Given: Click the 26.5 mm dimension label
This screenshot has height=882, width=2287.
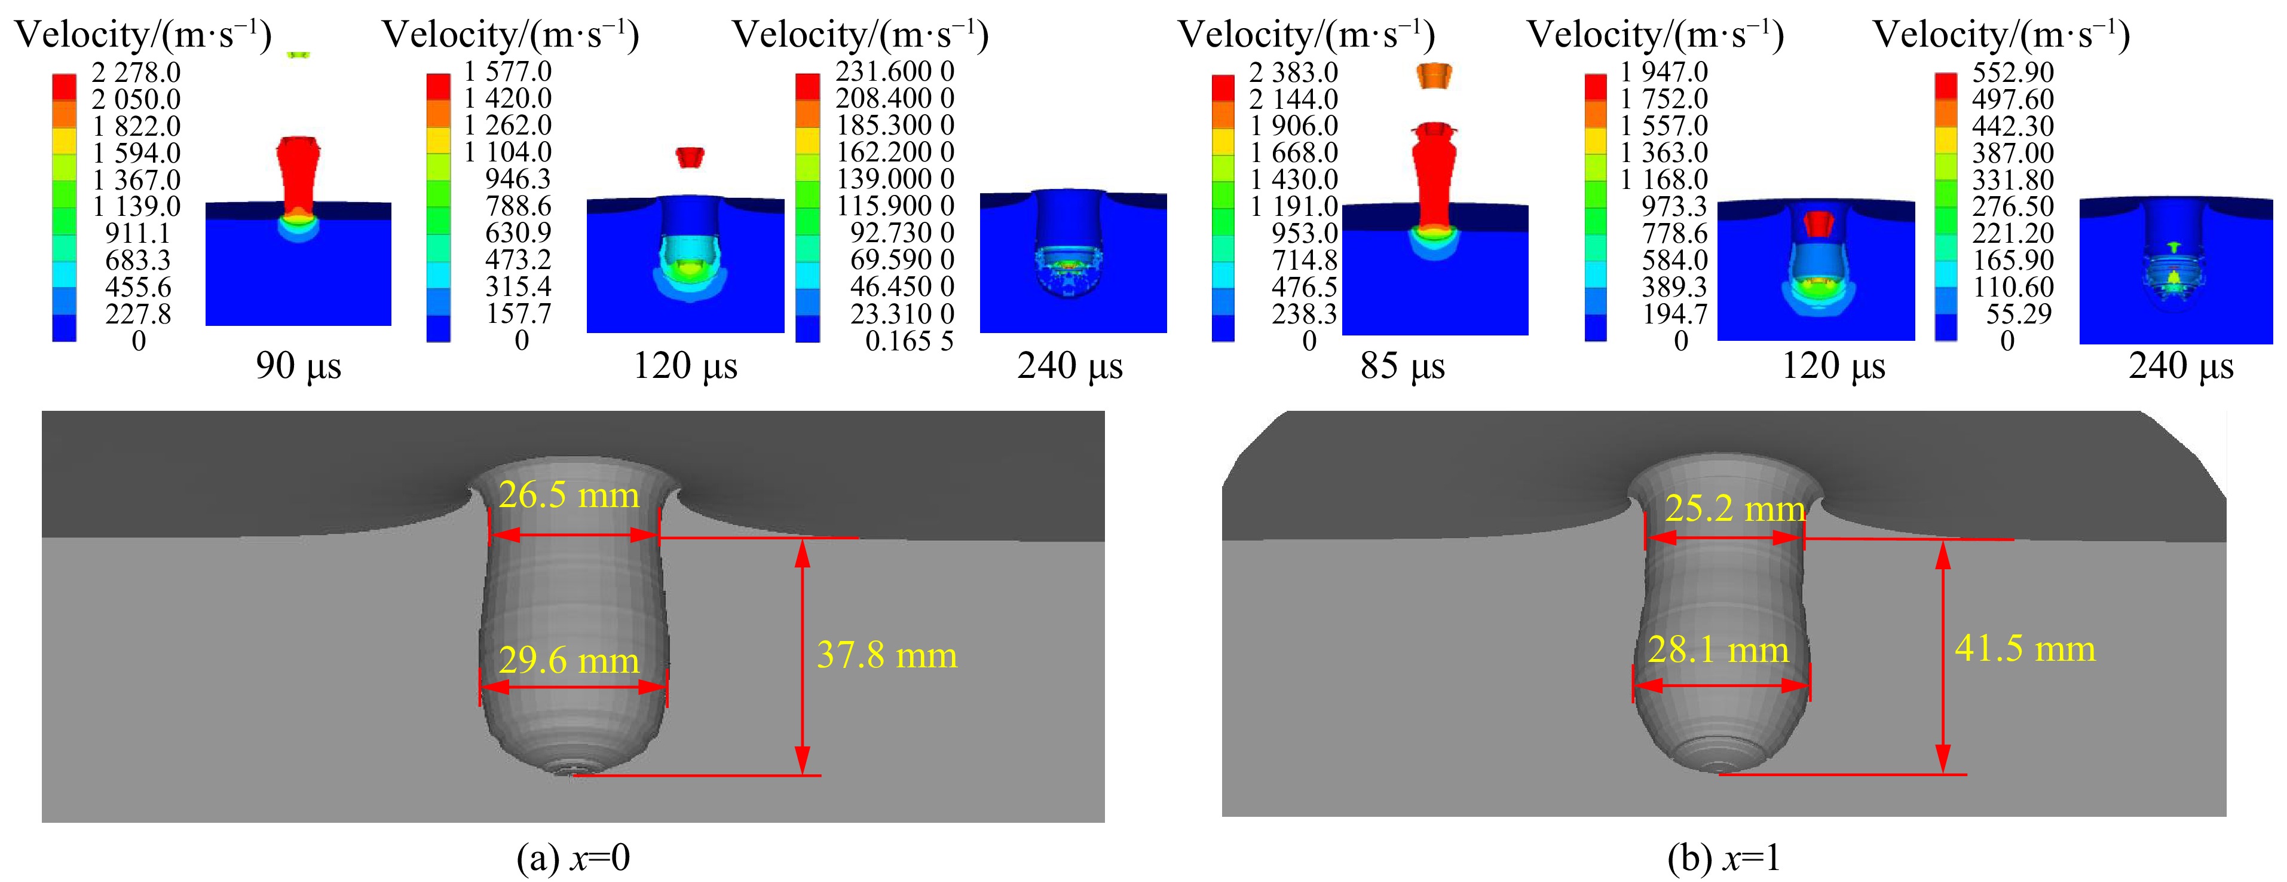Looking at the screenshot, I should click(568, 495).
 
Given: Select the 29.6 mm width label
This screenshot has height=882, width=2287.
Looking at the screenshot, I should click(568, 660).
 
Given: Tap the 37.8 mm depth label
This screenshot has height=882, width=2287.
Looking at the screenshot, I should click(886, 655).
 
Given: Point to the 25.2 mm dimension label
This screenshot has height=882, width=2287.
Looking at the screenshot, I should click(1734, 508).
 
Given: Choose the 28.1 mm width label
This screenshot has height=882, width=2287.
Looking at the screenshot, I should click(1718, 649).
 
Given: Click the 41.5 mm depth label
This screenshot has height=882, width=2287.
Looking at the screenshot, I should click(2024, 648).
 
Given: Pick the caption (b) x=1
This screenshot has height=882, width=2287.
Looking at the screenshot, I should click(1723, 857).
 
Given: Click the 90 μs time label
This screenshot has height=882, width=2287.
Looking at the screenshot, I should click(298, 365).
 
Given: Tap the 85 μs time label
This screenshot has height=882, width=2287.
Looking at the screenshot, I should click(1402, 365).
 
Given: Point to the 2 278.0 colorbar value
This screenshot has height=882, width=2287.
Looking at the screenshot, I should click(136, 72).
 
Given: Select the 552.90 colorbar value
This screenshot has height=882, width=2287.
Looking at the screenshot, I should click(2013, 72).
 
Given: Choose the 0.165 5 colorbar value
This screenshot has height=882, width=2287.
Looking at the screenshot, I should click(908, 341).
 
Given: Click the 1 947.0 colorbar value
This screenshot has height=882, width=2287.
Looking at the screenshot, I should click(1663, 72).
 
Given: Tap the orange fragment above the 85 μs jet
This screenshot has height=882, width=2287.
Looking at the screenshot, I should click(1434, 75).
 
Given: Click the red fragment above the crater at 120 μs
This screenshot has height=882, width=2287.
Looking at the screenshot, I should click(689, 158).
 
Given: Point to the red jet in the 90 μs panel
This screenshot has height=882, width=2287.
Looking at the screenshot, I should click(298, 173).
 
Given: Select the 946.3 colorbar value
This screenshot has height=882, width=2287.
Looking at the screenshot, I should click(517, 179).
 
